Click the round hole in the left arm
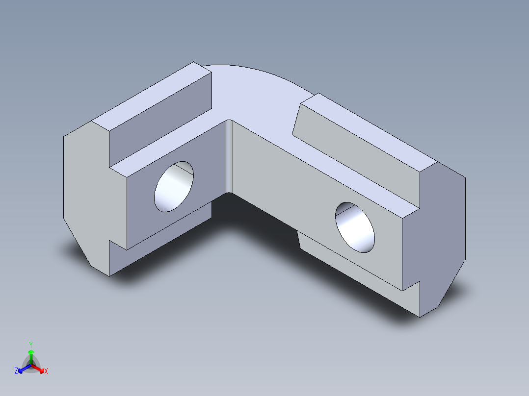point(174,187)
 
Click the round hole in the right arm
point(355,227)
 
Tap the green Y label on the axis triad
point(31,345)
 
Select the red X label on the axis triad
point(46,371)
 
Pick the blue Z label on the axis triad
point(16,371)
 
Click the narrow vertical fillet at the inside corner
point(228,157)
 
